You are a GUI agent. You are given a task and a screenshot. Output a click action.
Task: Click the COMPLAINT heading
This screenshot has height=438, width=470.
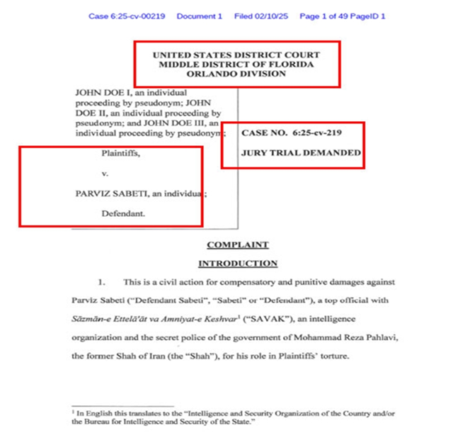(x=237, y=245)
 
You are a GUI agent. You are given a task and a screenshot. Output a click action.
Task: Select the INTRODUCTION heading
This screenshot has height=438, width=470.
(x=237, y=264)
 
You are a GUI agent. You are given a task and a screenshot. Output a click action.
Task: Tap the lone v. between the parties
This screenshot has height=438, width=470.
(x=105, y=173)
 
